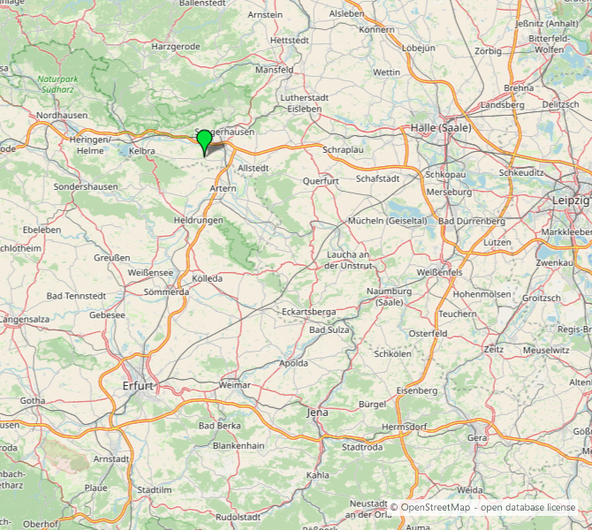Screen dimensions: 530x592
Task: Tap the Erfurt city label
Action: [x=139, y=386]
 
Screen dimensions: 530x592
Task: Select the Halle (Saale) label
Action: [x=441, y=128]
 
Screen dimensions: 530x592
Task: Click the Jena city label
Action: [x=316, y=413]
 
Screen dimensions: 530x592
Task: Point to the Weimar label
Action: [x=234, y=385]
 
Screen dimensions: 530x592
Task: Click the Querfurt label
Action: [x=321, y=180]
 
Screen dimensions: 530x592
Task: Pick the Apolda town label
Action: [x=293, y=363]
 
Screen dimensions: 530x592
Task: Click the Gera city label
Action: [x=477, y=437]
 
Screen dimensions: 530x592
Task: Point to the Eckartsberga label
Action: [x=308, y=312]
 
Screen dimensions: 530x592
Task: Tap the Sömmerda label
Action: [x=166, y=291]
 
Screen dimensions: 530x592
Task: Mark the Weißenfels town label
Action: [x=440, y=272]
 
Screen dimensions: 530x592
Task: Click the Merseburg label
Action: [x=449, y=192]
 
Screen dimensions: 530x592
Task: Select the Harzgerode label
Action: [x=176, y=46]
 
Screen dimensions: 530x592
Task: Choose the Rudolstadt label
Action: [x=240, y=516]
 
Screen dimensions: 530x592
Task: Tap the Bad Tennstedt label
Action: [x=77, y=295]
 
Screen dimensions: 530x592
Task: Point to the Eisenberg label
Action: [x=416, y=390]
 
